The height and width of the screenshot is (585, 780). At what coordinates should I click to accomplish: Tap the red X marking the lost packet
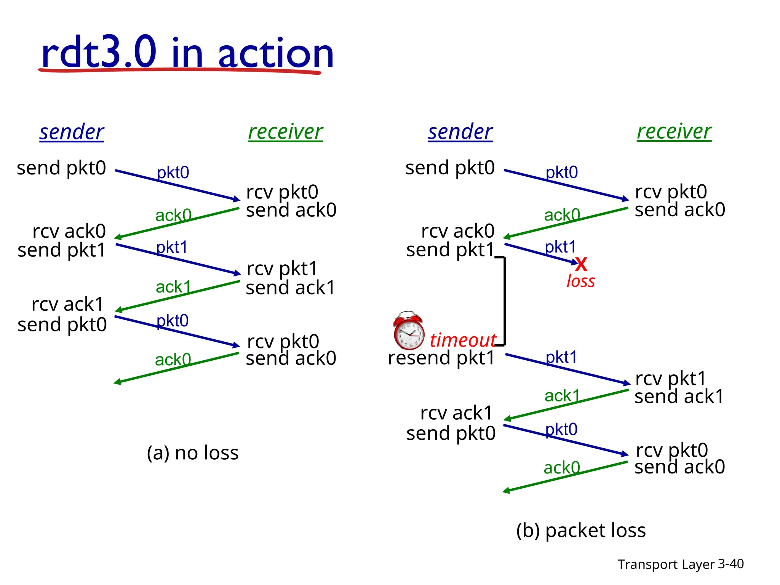[581, 264]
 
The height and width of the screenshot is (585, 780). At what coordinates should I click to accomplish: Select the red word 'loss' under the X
[580, 281]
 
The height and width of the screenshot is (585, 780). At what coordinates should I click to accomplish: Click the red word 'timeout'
[462, 340]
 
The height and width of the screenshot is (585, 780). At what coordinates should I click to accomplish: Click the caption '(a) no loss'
[193, 453]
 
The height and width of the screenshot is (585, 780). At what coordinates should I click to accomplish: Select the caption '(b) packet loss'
[581, 530]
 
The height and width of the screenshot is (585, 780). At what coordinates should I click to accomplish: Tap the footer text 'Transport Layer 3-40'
[680, 564]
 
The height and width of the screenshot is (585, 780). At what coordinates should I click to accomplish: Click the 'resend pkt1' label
[441, 358]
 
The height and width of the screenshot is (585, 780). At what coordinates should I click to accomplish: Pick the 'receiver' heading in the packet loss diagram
[674, 132]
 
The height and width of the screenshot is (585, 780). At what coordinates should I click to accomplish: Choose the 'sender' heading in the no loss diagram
[72, 132]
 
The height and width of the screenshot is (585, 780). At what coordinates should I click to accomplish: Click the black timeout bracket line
[505, 301]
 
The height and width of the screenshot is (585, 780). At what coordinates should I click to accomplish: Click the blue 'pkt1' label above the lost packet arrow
[560, 247]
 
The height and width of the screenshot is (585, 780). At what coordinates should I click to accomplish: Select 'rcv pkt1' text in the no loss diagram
[282, 269]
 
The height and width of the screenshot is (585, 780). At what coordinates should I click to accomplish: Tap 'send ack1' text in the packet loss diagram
[679, 396]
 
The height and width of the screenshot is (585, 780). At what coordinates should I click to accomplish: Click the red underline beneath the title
[179, 70]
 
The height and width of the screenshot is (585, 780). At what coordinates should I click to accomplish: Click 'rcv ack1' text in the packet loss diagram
[456, 413]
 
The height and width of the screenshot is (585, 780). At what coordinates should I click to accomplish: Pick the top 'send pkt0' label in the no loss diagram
[61, 168]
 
